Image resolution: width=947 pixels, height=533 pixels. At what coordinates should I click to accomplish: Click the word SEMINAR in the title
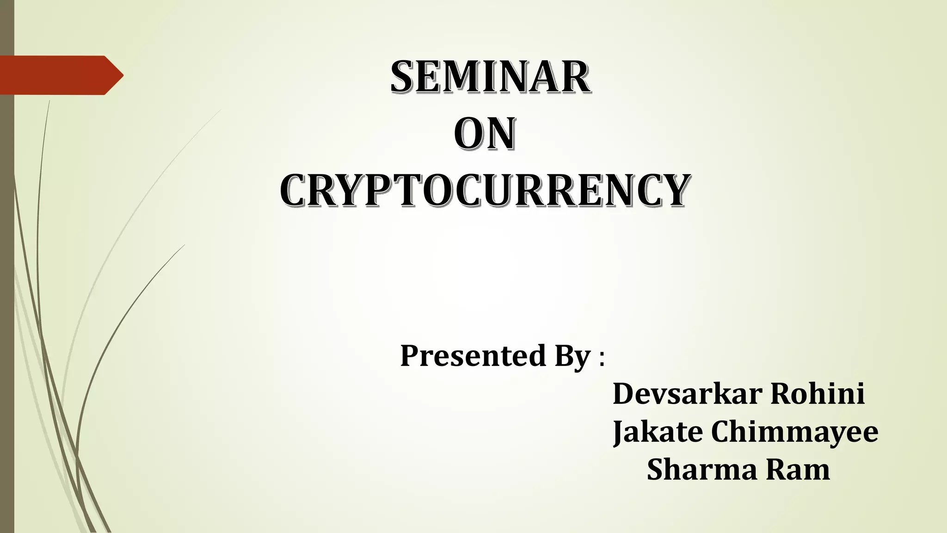pyautogui.click(x=490, y=77)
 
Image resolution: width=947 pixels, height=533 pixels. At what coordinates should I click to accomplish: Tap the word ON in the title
pyautogui.click(x=485, y=134)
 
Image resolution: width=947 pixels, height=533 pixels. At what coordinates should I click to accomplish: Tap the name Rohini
pyautogui.click(x=818, y=394)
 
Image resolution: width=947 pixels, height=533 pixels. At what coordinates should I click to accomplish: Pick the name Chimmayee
pyautogui.click(x=794, y=432)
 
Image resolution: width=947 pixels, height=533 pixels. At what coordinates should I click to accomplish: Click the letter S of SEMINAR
pyautogui.click(x=403, y=77)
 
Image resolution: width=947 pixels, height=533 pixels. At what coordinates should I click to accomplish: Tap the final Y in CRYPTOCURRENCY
pyautogui.click(x=672, y=190)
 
